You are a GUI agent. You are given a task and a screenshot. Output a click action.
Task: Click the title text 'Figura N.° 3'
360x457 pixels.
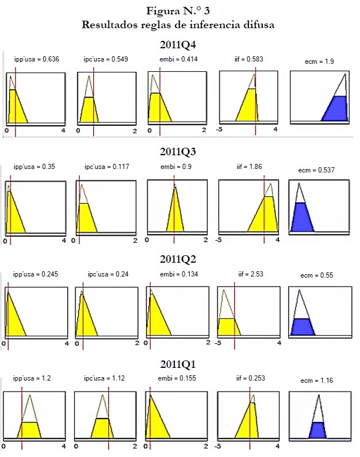coord(179,11)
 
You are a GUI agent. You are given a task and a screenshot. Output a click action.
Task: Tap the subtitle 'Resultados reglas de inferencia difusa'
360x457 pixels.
coord(179,25)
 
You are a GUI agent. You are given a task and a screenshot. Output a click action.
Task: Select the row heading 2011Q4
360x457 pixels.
coord(179,44)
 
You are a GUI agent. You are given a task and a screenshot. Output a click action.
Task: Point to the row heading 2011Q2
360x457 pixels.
coord(179,258)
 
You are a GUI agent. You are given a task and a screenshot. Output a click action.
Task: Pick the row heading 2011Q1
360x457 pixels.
coord(179,364)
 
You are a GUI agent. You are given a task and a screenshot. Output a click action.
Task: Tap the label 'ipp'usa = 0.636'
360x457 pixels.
coord(37,59)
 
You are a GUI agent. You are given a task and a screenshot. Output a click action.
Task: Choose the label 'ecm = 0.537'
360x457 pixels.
coord(316,170)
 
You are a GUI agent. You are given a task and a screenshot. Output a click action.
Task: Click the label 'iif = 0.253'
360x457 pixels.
coord(248,379)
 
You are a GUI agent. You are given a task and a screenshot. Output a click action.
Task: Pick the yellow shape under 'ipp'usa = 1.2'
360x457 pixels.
coord(29,429)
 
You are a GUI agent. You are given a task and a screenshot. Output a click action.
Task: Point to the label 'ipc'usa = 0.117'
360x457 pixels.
coord(106,167)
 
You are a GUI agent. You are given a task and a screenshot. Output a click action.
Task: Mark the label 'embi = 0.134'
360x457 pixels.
coord(177,274)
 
